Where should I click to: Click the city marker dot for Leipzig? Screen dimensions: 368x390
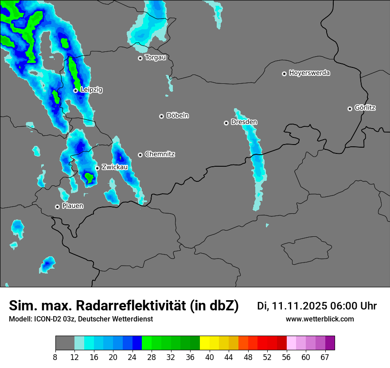pos(75,90)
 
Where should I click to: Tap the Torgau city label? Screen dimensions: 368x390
pos(155,57)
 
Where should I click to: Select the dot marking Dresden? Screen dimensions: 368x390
pos(226,123)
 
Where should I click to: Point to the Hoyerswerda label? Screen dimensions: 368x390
pos(309,73)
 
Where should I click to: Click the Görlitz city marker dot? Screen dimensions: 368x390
pos(350,109)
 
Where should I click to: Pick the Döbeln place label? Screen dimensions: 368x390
pos(177,115)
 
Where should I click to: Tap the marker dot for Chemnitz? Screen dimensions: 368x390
pos(140,155)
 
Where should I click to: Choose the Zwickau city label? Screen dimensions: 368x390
pos(115,167)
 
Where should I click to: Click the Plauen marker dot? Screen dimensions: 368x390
pos(57,207)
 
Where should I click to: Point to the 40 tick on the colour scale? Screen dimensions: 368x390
pos(210,357)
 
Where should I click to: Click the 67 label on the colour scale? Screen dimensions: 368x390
pos(325,357)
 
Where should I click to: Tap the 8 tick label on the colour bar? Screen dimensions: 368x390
pos(55,357)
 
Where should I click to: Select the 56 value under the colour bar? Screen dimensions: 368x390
pos(286,357)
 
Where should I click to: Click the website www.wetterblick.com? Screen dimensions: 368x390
pos(320,319)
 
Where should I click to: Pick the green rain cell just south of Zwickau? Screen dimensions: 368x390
pos(90,178)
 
